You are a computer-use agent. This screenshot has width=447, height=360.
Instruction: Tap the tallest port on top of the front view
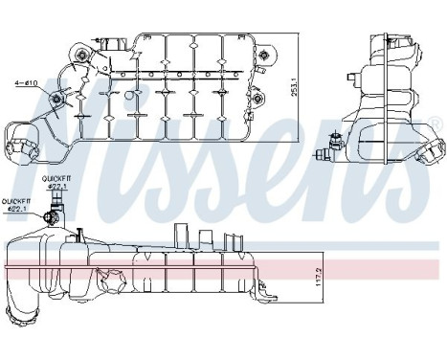[x=179, y=236]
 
